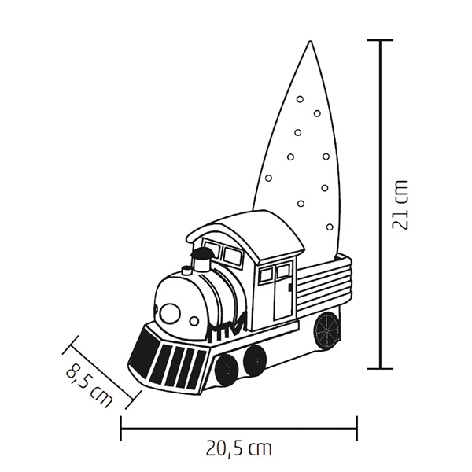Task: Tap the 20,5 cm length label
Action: pos(239,449)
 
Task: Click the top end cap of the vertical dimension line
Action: pos(381,40)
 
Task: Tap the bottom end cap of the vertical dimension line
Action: pos(381,367)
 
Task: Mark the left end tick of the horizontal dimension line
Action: pos(121,428)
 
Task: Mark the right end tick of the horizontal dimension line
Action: pos(356,428)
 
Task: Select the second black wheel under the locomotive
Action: pos(254,360)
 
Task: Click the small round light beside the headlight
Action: pos(194,321)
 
